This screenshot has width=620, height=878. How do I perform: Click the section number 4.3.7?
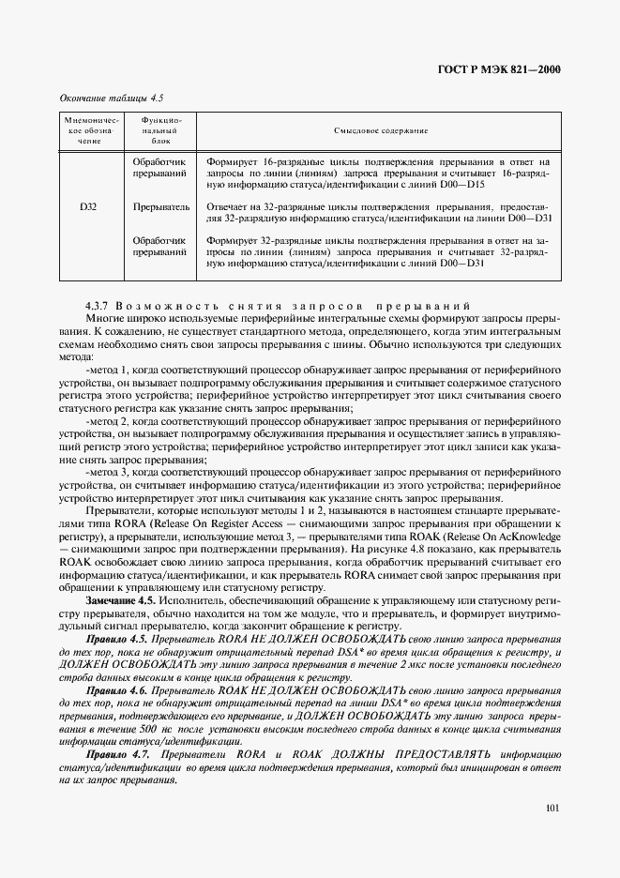click(x=99, y=307)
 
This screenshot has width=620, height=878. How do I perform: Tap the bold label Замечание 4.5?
click(x=120, y=598)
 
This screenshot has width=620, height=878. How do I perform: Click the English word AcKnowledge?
click(x=525, y=534)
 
